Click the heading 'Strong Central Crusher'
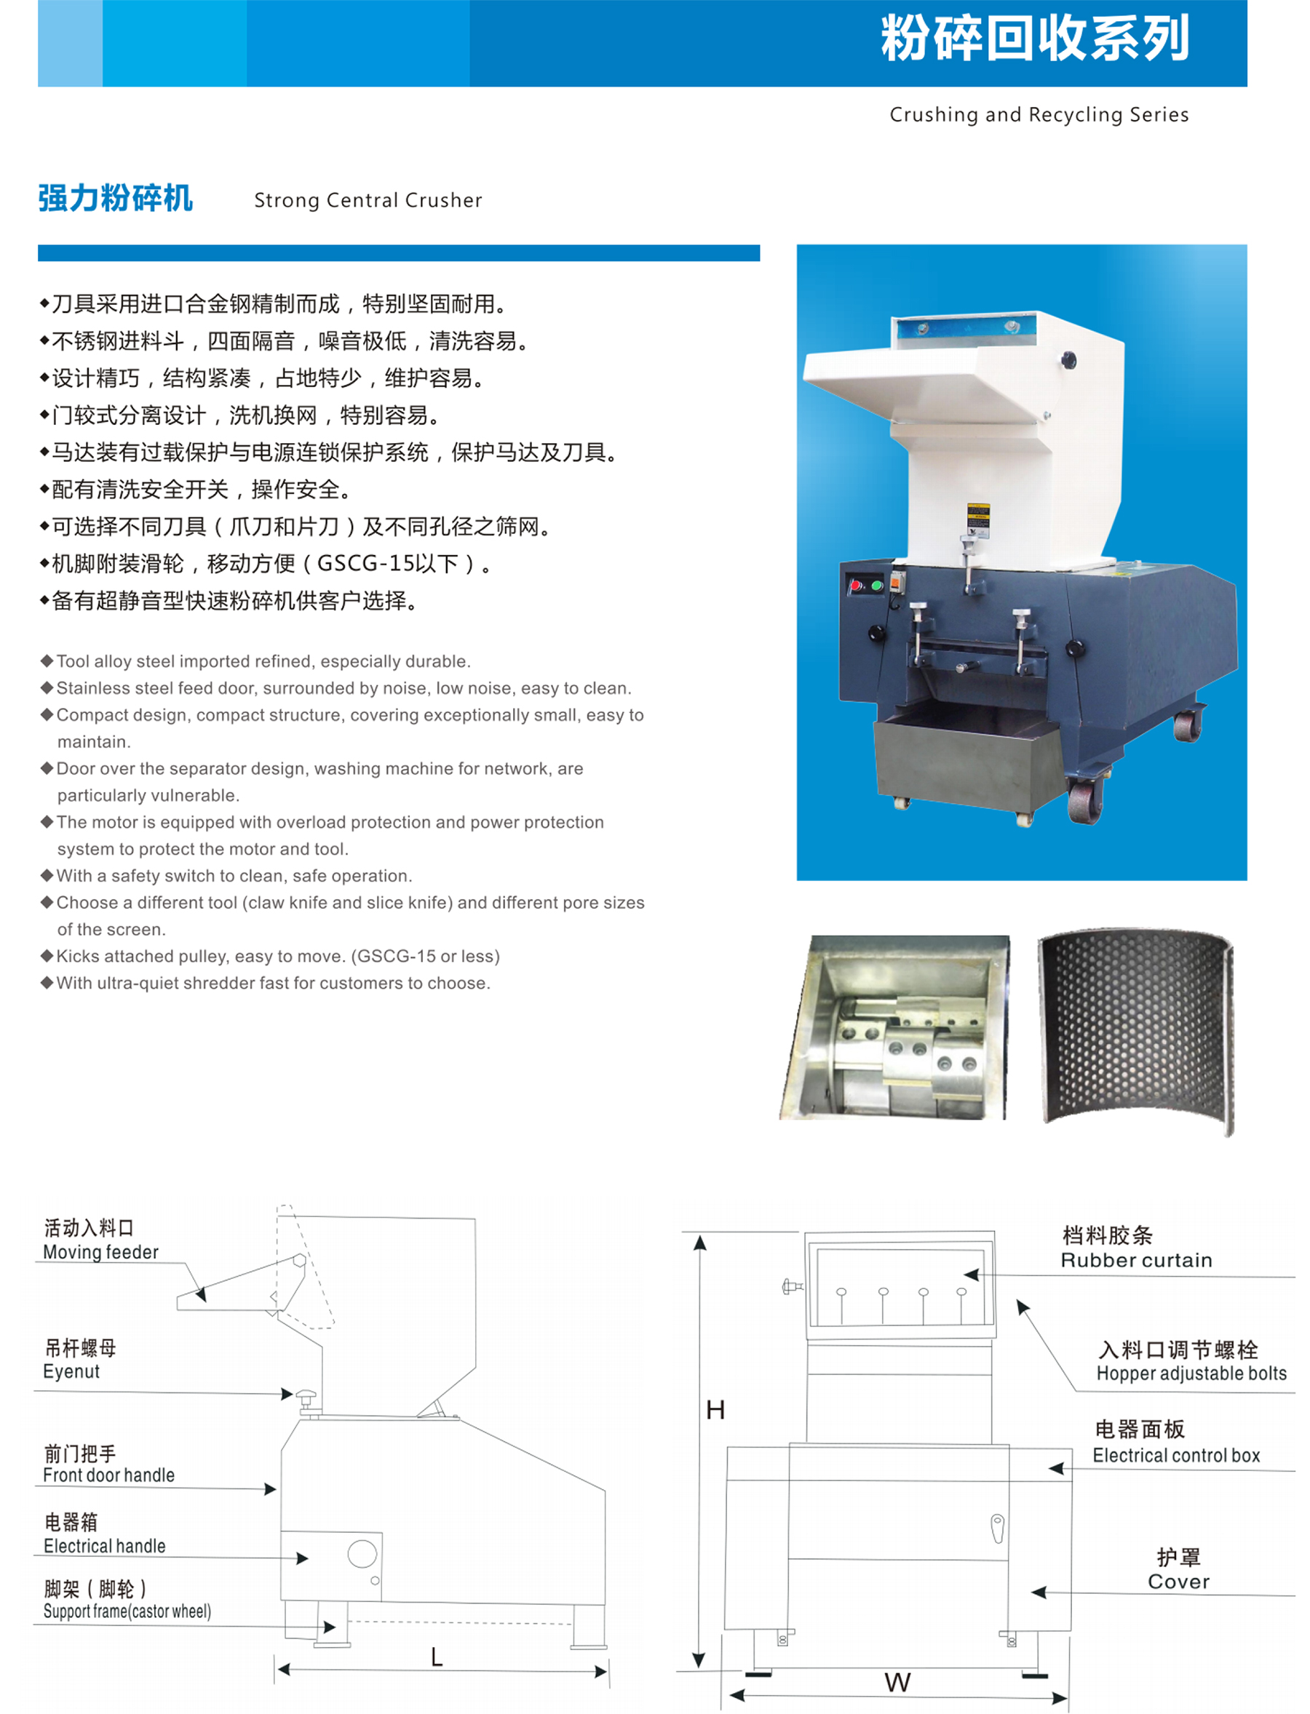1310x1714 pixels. tap(368, 200)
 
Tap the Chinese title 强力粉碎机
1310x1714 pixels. tap(116, 198)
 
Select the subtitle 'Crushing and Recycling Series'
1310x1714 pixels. tap(1039, 114)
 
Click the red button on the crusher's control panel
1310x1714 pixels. tap(856, 585)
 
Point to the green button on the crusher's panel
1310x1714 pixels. tap(876, 585)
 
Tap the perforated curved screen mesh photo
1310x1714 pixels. tap(1137, 1030)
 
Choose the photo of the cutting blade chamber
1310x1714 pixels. tap(894, 1027)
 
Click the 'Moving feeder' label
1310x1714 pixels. tap(100, 1252)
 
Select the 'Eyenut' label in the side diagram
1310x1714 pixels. tap(71, 1371)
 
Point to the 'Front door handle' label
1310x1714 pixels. tap(108, 1475)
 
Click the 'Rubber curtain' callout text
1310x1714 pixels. tap(1136, 1260)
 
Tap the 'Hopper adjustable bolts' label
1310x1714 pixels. tap(1191, 1374)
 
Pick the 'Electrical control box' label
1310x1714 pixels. tap(1176, 1455)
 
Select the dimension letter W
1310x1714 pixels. tap(897, 1682)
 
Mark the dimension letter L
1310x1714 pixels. tap(437, 1657)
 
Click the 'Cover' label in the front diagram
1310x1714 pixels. tap(1178, 1582)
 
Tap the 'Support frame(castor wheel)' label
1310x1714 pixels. tap(127, 1611)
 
